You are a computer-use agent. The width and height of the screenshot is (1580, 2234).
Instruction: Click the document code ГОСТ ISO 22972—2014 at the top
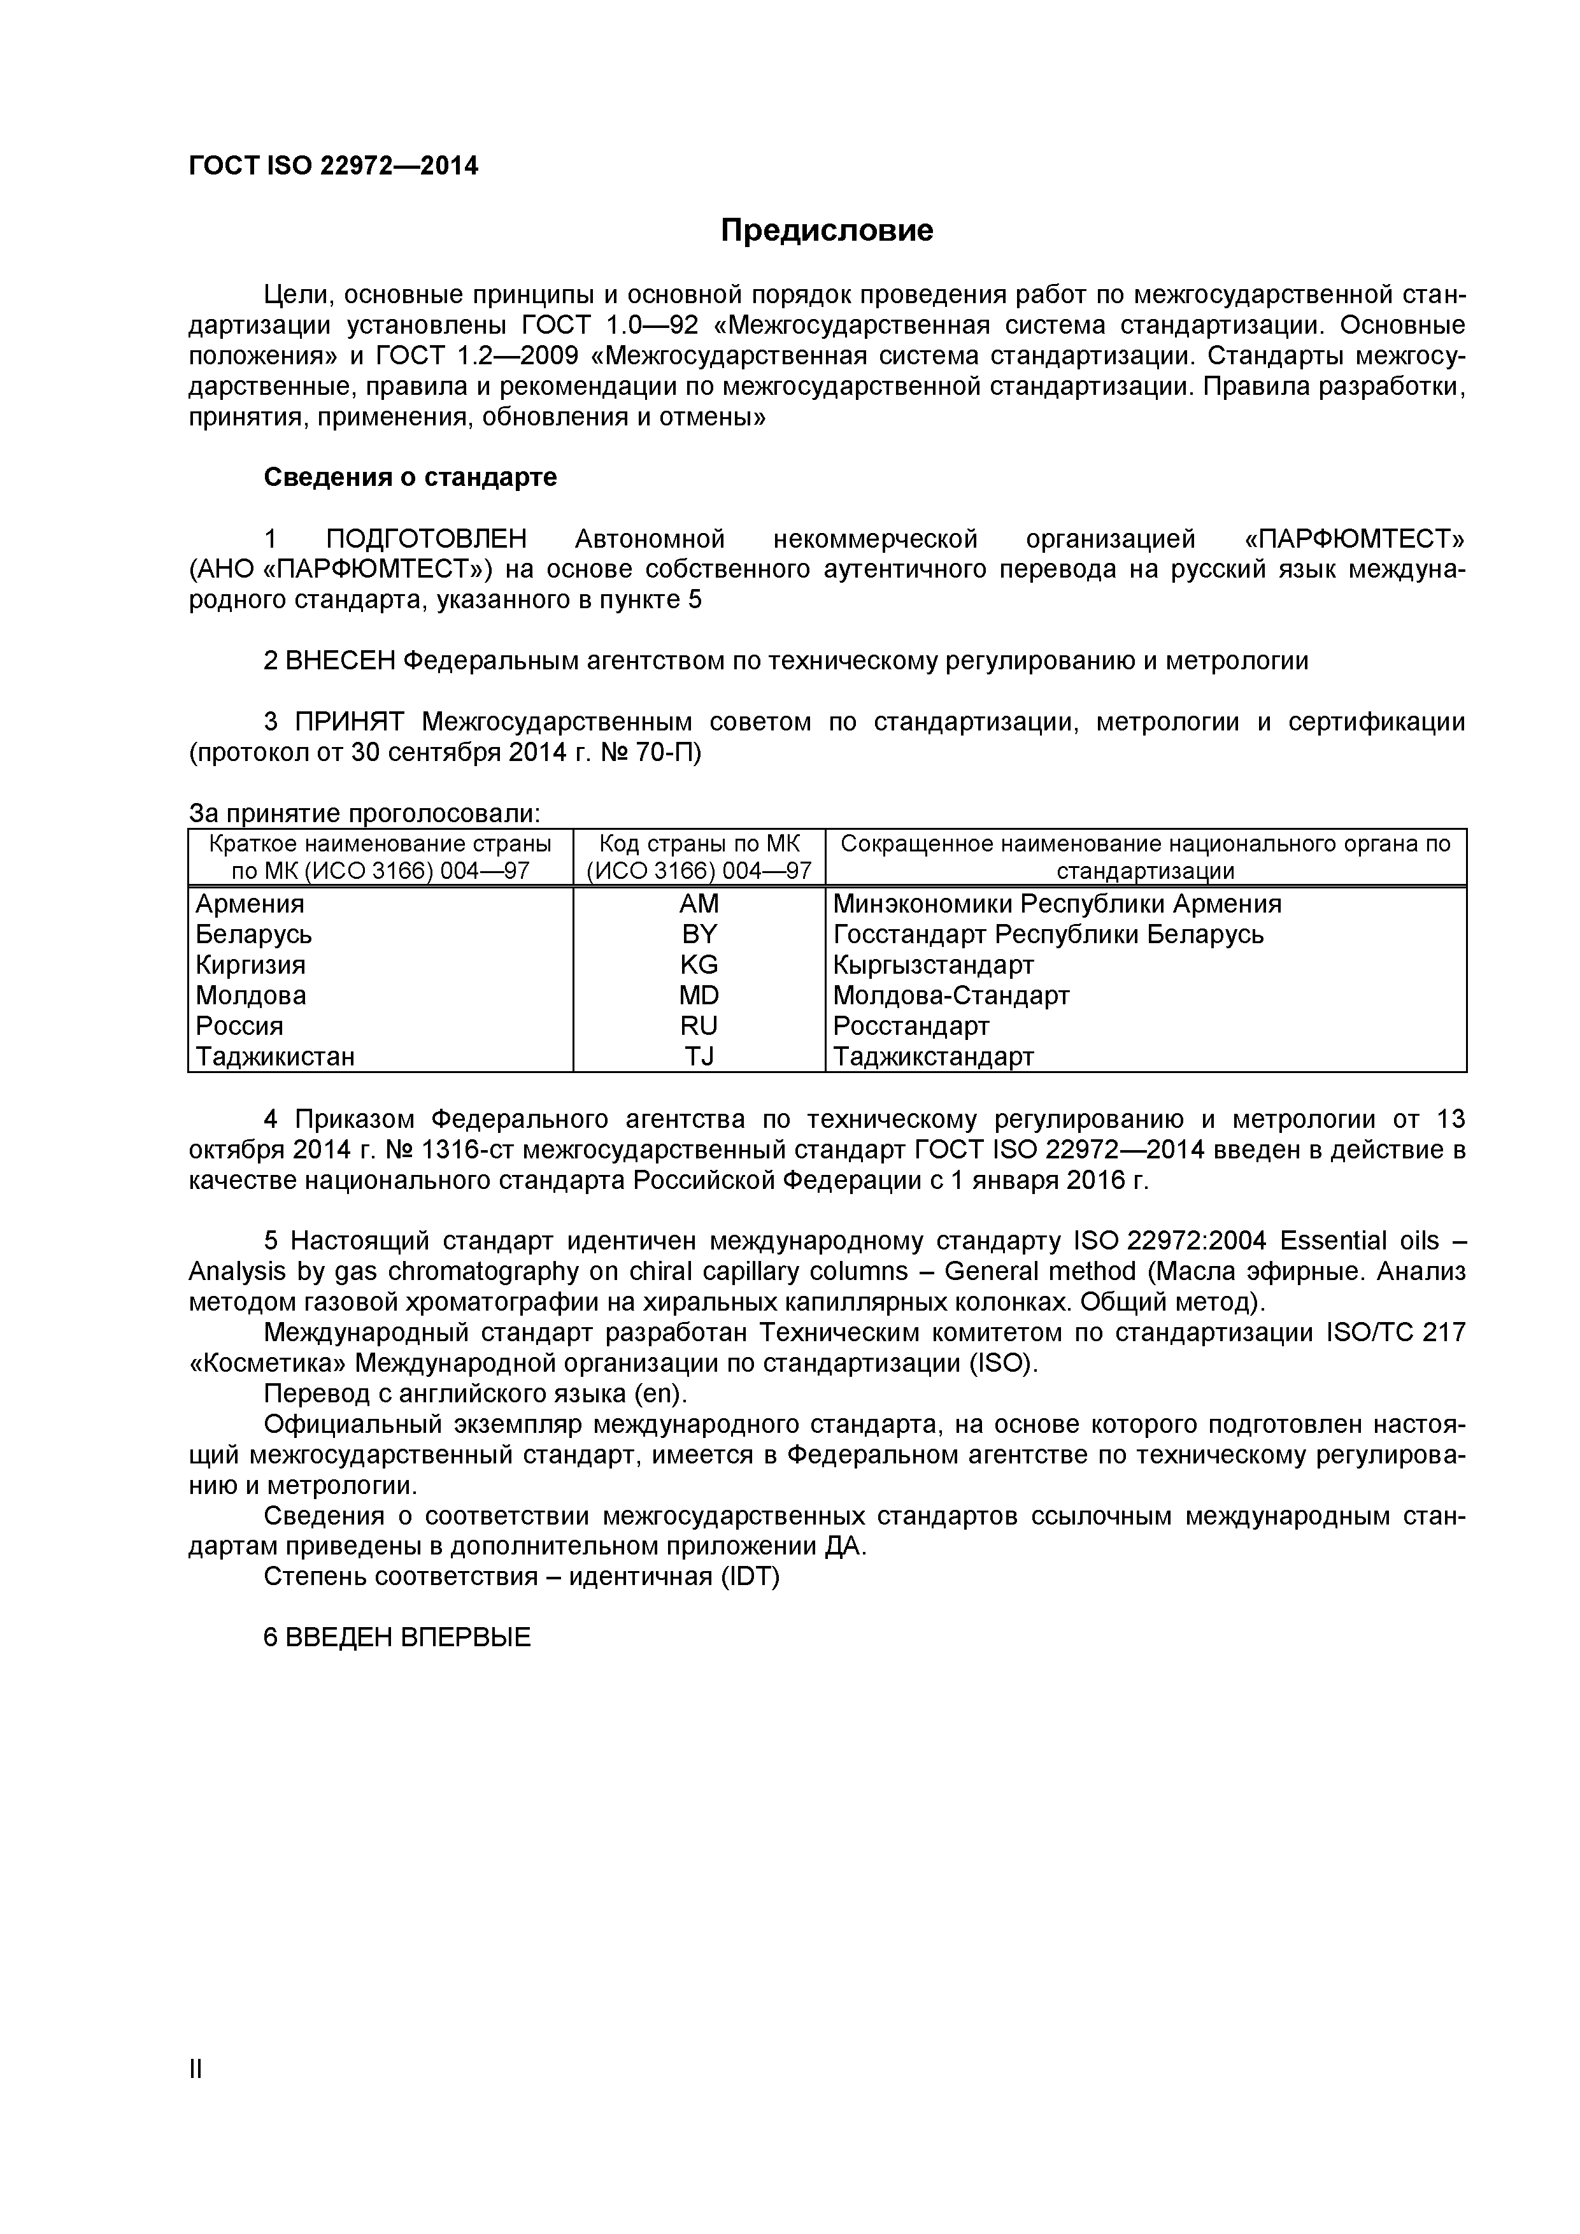tap(332, 166)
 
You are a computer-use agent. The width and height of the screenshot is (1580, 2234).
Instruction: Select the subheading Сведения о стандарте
tap(409, 478)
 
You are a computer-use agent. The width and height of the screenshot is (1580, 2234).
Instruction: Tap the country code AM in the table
tap(699, 904)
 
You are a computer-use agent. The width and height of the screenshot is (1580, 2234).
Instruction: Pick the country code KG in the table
tap(699, 965)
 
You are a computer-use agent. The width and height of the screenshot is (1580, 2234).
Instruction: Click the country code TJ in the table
tap(699, 1057)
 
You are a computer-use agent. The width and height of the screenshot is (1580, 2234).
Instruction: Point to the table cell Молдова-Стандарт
tap(951, 995)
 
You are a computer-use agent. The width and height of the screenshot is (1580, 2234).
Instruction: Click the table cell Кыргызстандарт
tap(933, 965)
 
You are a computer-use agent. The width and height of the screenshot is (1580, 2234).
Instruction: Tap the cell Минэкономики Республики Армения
tap(1057, 904)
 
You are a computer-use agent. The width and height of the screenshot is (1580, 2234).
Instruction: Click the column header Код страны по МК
tap(699, 844)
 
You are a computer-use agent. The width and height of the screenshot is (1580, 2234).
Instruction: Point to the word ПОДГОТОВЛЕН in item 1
tap(426, 539)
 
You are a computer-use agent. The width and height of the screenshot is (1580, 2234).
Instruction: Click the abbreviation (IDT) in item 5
tap(750, 1576)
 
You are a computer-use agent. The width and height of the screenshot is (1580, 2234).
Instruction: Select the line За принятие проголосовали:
tap(364, 813)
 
